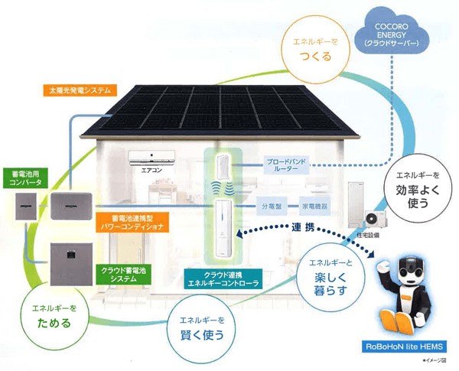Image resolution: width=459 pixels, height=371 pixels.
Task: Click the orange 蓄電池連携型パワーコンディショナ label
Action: tap(135, 223)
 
